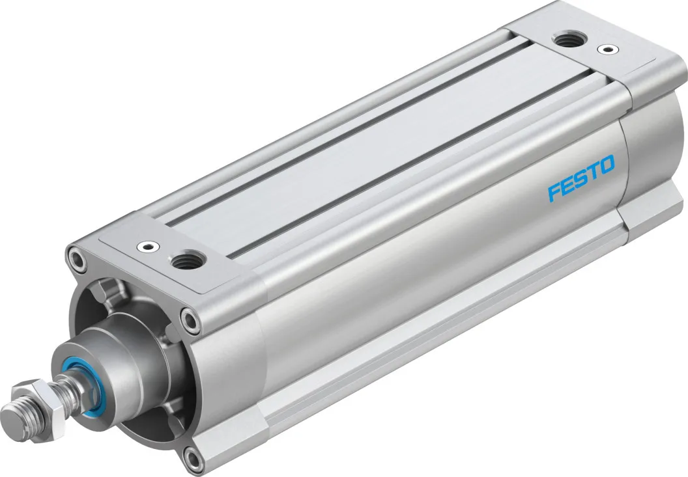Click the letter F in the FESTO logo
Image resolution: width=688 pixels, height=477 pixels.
(554, 192)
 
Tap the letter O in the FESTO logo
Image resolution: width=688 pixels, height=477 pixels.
(605, 166)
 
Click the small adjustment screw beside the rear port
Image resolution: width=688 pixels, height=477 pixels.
(608, 49)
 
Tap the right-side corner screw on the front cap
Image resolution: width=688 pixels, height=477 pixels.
(190, 319)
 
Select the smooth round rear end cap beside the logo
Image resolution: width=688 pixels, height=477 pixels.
(642, 156)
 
